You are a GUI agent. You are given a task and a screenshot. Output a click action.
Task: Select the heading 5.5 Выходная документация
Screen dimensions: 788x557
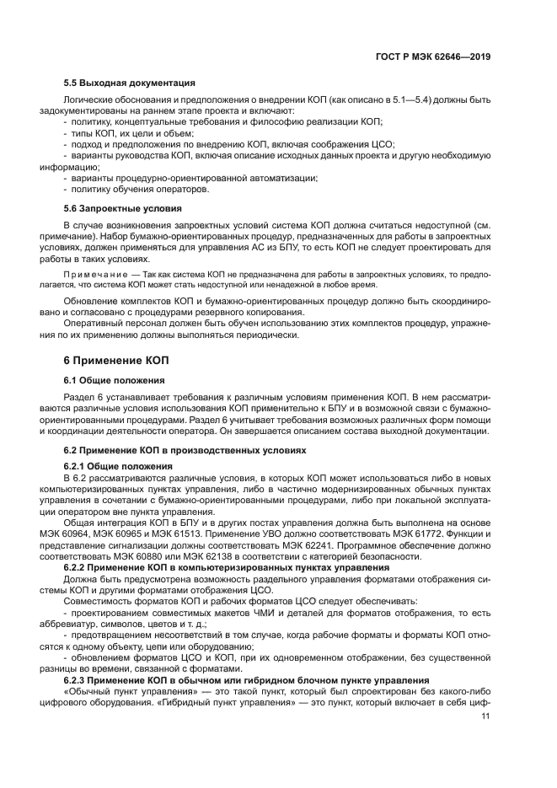pos(130,83)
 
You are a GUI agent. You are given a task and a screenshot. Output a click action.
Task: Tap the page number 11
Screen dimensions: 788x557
pos(485,716)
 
